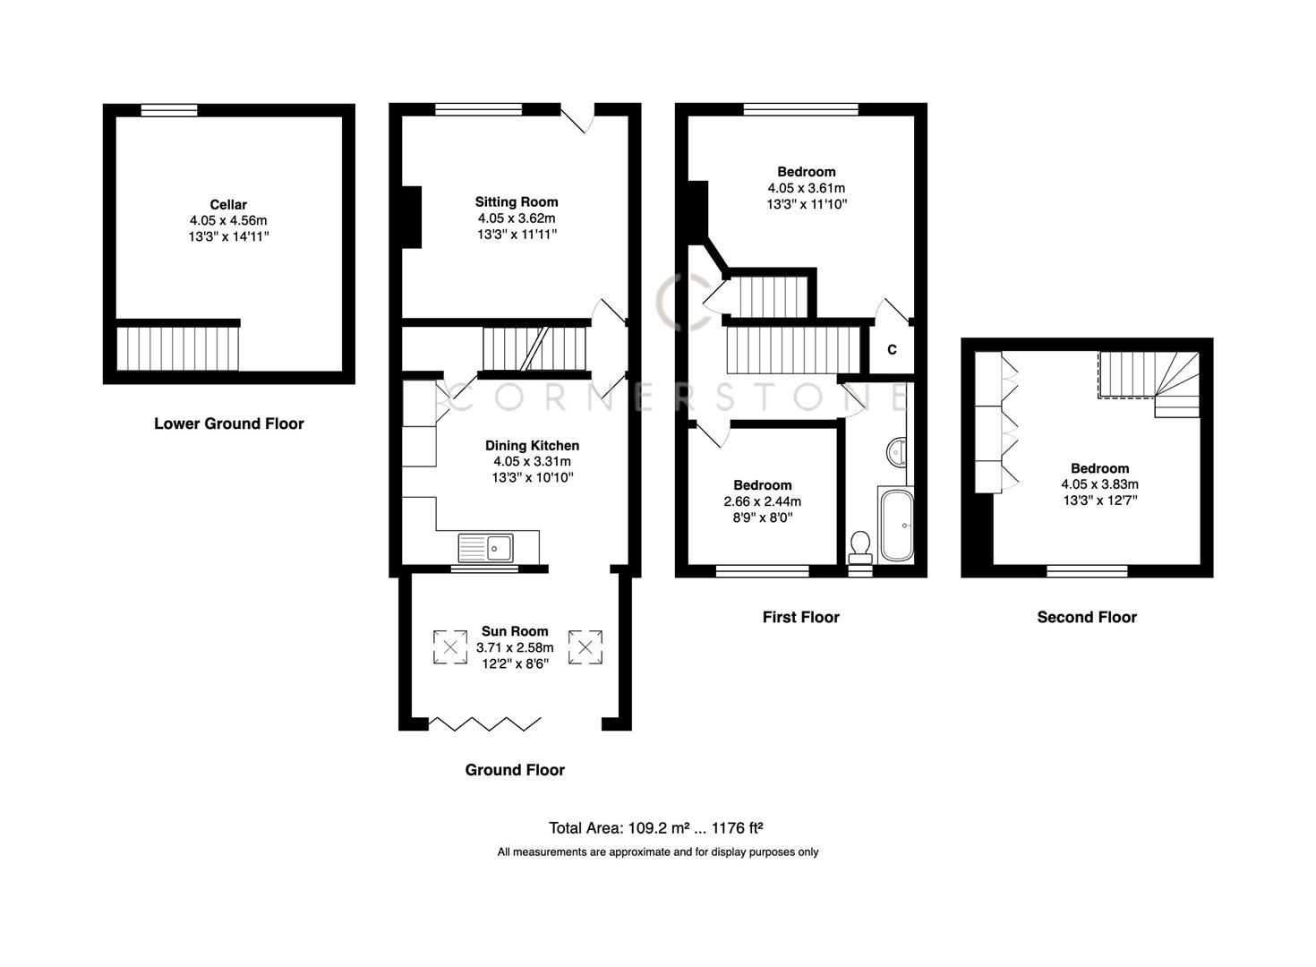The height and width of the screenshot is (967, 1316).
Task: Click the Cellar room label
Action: [228, 204]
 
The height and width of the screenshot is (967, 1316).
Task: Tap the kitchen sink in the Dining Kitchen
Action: [486, 546]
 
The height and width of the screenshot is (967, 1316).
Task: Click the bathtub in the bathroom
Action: [895, 526]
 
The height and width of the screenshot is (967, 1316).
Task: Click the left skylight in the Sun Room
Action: [450, 646]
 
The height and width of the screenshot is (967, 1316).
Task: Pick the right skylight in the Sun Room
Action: [586, 646]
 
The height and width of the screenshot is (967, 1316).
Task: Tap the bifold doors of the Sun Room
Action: [485, 723]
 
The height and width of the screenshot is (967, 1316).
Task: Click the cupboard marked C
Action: [892, 350]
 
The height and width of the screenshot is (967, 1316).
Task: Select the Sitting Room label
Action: [517, 201]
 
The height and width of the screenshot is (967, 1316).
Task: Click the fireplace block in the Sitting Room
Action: [412, 217]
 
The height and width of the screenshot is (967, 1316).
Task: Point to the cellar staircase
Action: [178, 347]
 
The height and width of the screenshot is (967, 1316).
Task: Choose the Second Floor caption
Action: [1087, 617]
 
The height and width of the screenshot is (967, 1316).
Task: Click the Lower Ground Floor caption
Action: [228, 424]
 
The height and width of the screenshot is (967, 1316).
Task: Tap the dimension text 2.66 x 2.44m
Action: [762, 501]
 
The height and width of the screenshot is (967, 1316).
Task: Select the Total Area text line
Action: [655, 828]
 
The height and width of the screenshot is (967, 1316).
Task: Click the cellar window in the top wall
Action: [169, 110]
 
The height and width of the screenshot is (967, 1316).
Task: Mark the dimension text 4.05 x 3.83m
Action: [1099, 484]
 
